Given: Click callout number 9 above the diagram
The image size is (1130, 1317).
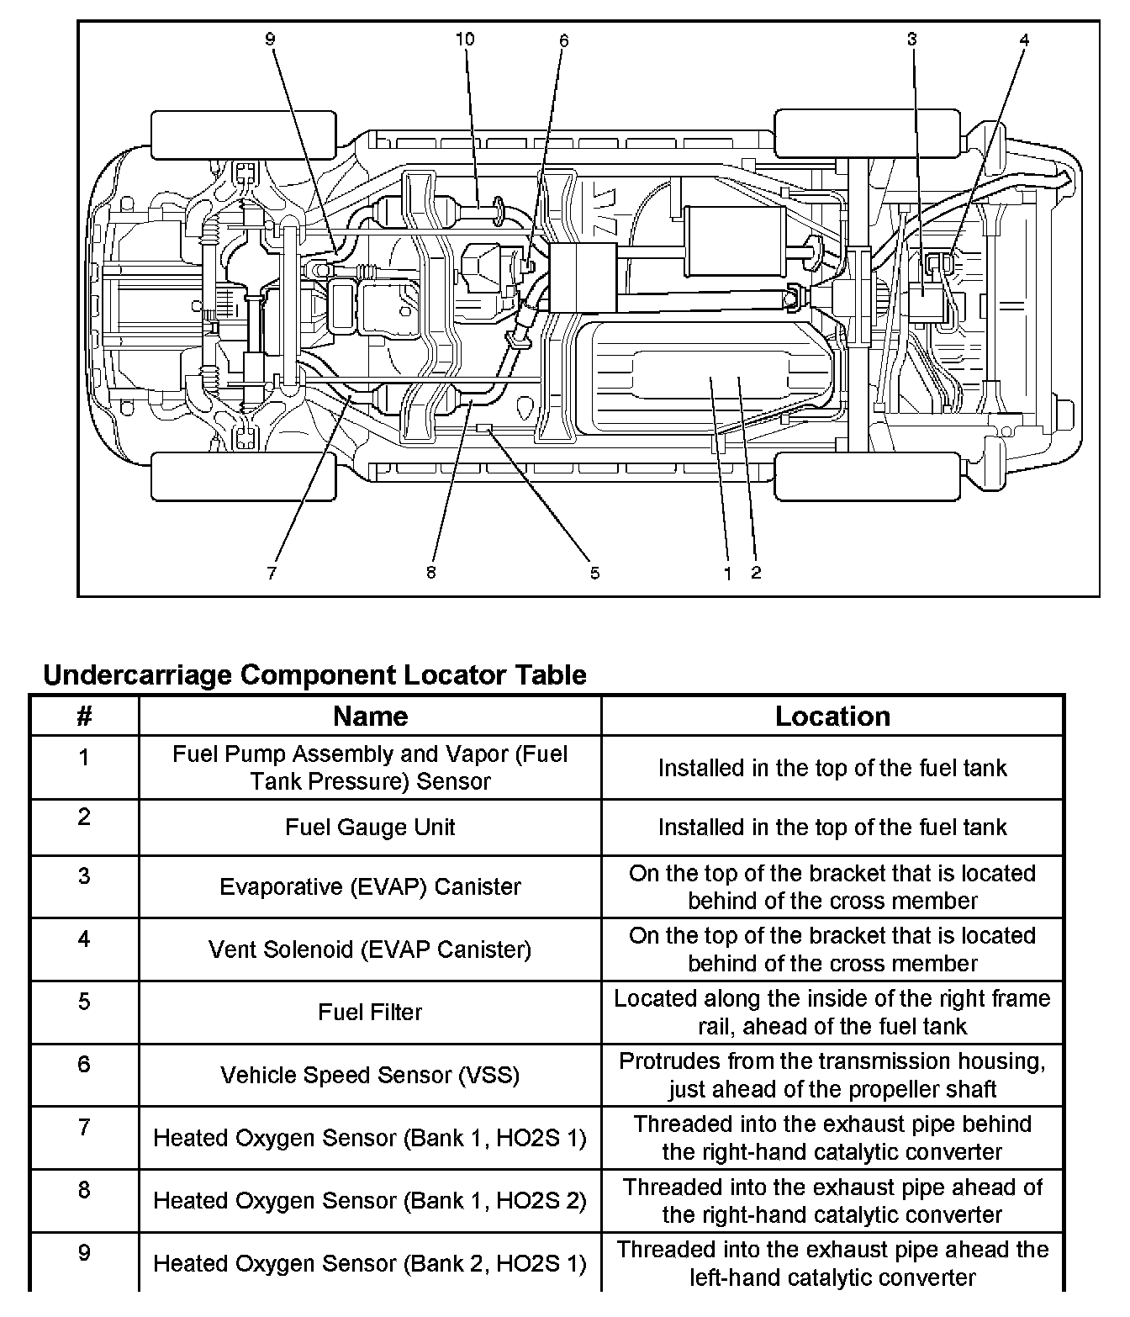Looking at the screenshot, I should coord(270,39).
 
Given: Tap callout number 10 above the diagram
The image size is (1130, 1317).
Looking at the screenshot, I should coord(465,39).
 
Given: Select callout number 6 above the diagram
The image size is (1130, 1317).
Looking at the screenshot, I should coord(563,40).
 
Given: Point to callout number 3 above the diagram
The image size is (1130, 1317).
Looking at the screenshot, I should coord(911,39).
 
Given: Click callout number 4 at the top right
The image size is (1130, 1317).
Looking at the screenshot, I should coord(1023,40).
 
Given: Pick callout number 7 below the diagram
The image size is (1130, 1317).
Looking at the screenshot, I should coord(272,574).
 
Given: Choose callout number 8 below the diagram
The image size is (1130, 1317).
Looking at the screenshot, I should coord(431,573).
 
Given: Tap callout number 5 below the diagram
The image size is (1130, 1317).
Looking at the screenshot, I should coord(594,574).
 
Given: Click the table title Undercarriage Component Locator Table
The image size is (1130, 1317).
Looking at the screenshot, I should coord(314,674).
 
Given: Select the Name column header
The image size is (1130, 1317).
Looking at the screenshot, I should coord(370,716).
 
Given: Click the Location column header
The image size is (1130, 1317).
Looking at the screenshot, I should coord(832,716).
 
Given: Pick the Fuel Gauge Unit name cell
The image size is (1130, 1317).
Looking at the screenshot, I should coord(370,827).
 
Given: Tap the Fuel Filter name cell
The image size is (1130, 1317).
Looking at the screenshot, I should coord(370,1012).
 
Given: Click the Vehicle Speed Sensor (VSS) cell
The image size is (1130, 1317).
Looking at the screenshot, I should coord(370,1075).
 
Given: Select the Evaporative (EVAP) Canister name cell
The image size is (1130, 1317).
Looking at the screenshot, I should coord(370,886).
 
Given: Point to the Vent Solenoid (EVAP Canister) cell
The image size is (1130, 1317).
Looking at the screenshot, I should coord(370,949).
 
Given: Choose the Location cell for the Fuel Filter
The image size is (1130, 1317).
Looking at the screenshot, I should coord(832,1012).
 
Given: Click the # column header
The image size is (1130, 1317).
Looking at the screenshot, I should coord(84,716).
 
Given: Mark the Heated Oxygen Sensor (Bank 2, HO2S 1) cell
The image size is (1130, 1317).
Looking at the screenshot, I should coord(370,1263).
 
